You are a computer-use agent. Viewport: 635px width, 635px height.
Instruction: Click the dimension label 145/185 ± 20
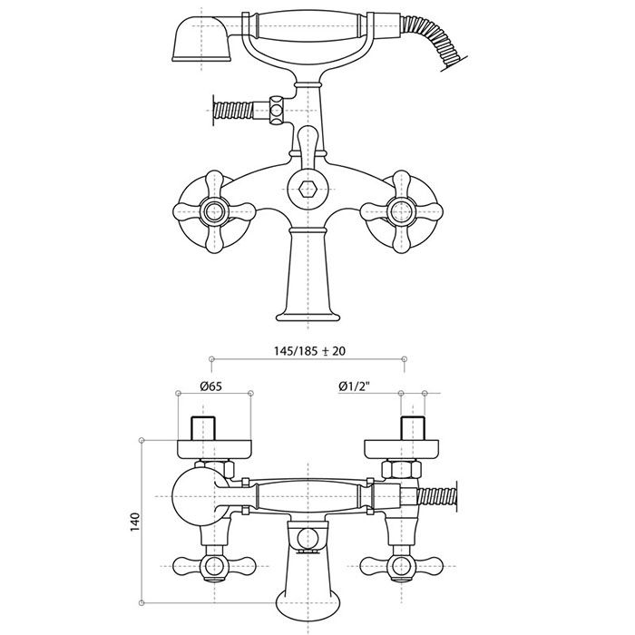tap(310, 351)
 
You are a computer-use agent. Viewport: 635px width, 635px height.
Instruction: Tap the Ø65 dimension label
tap(211, 386)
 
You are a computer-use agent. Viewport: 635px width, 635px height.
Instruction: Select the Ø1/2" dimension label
tap(355, 386)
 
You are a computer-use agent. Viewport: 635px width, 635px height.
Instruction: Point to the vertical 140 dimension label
tap(135, 522)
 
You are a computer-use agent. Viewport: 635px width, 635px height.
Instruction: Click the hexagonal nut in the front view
tap(308, 189)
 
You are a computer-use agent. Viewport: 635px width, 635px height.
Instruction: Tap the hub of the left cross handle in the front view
tap(214, 211)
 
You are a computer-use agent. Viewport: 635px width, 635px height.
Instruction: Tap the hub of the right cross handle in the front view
tap(401, 211)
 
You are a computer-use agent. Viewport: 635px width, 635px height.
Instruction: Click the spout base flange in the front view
tap(308, 317)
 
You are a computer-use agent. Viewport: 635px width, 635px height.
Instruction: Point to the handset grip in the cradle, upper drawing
tap(308, 26)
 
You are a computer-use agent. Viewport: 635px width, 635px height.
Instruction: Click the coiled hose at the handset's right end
tap(435, 41)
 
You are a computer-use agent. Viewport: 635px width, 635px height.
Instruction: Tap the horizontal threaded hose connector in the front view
tap(232, 110)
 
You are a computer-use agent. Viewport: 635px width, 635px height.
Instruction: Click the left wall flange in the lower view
tap(215, 449)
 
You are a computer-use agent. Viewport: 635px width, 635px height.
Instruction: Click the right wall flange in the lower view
tap(401, 449)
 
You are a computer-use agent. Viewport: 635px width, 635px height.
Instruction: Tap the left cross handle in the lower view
tap(214, 566)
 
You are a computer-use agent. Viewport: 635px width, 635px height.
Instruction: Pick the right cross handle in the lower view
tap(401, 566)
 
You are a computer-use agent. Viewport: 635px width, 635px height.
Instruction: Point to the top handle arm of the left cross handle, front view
tap(214, 185)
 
